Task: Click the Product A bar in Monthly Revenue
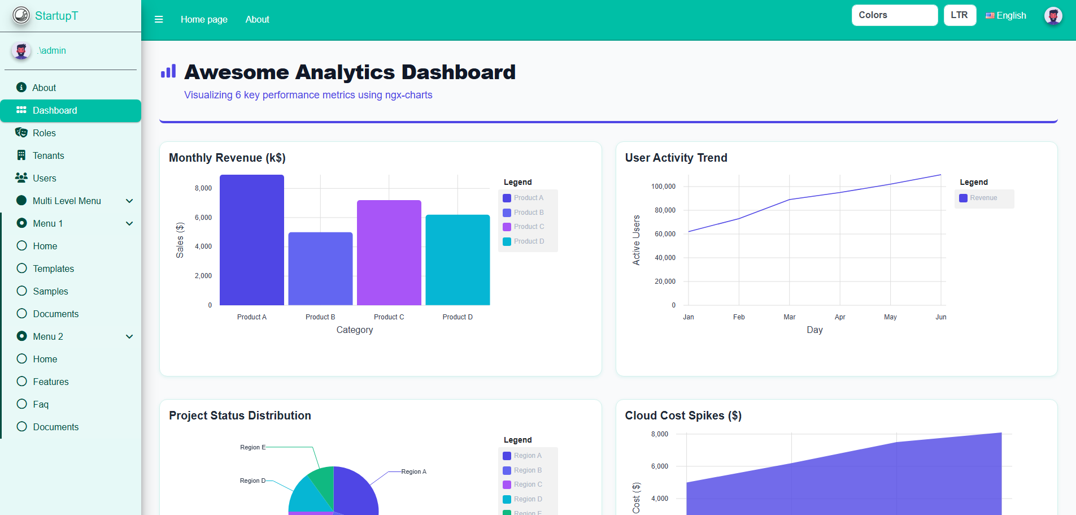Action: (x=251, y=240)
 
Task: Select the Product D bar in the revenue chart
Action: (x=458, y=259)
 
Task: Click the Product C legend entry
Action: (x=529, y=227)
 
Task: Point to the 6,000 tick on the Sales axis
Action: (x=203, y=218)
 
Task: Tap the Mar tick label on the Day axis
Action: (x=789, y=317)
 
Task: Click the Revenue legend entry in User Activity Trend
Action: (x=983, y=198)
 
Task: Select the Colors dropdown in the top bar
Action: (x=894, y=15)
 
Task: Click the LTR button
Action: (x=959, y=15)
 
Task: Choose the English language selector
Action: (x=1006, y=16)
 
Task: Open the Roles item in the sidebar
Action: (x=44, y=133)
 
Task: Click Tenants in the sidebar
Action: (x=48, y=155)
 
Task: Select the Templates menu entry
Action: (x=53, y=269)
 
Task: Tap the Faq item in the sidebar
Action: (x=41, y=404)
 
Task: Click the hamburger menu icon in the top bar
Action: (x=159, y=19)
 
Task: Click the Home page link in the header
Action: (x=204, y=19)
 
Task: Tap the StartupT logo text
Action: (x=56, y=16)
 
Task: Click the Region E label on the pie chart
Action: (x=252, y=447)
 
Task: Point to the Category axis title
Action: (x=355, y=330)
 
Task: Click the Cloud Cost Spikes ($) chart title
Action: (x=683, y=416)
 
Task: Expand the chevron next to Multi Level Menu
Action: (x=129, y=201)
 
